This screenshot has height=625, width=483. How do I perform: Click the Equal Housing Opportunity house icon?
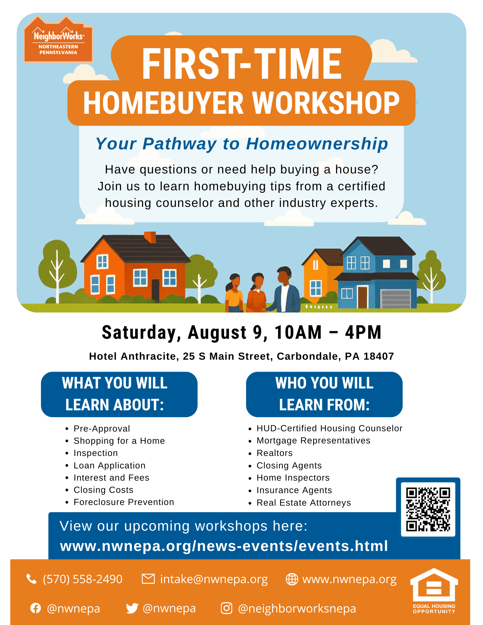[x=434, y=585]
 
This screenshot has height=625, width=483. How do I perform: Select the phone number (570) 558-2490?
[x=83, y=579]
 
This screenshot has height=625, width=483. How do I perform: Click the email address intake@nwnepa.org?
[x=214, y=579]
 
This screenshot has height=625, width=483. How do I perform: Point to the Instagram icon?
[x=226, y=608]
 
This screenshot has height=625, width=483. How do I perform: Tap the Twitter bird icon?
[x=132, y=608]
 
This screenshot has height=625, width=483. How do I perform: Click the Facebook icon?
[x=36, y=608]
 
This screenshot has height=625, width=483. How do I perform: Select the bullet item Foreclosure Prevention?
[x=124, y=502]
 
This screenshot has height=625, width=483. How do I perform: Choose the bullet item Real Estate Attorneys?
[x=304, y=502]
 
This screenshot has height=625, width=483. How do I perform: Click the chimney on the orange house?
[x=150, y=237]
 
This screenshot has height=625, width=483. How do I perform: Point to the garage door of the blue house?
[x=395, y=299]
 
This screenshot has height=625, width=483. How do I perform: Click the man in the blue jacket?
[x=283, y=289]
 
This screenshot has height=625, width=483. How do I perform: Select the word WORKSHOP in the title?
[x=326, y=103]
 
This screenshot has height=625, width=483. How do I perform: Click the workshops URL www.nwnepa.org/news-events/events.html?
[x=224, y=546]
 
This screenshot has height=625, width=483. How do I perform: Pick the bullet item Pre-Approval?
[x=102, y=428]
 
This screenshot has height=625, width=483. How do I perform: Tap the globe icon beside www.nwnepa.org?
[x=292, y=579]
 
